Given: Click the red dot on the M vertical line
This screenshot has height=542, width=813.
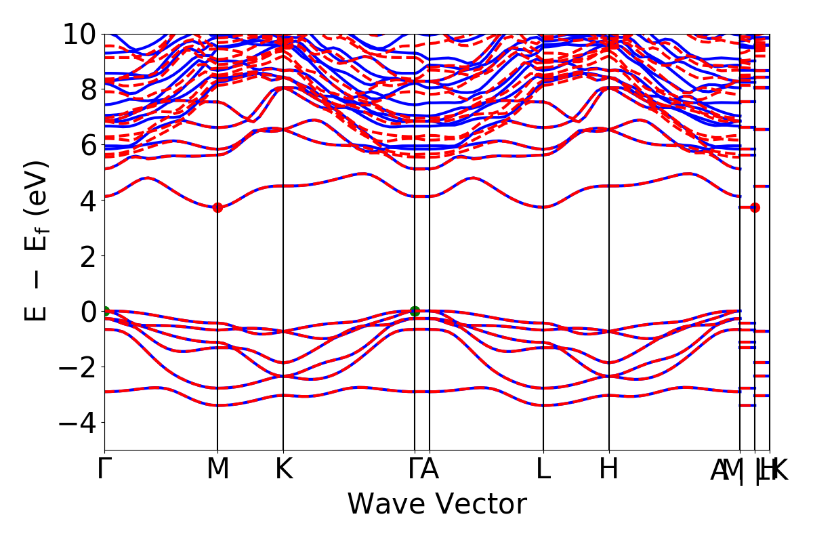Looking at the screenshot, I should (217, 207).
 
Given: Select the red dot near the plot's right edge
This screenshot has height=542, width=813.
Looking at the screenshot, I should (755, 207).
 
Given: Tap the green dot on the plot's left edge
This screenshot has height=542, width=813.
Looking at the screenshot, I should (105, 311).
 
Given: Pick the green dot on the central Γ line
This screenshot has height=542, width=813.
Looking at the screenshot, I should (415, 311).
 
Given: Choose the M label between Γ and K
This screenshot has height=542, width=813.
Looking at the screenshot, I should (217, 470).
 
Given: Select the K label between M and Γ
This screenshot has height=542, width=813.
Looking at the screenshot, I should (283, 470).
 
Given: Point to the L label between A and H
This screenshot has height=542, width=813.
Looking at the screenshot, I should (543, 470).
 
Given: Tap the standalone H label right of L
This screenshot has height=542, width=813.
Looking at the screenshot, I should (609, 470).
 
